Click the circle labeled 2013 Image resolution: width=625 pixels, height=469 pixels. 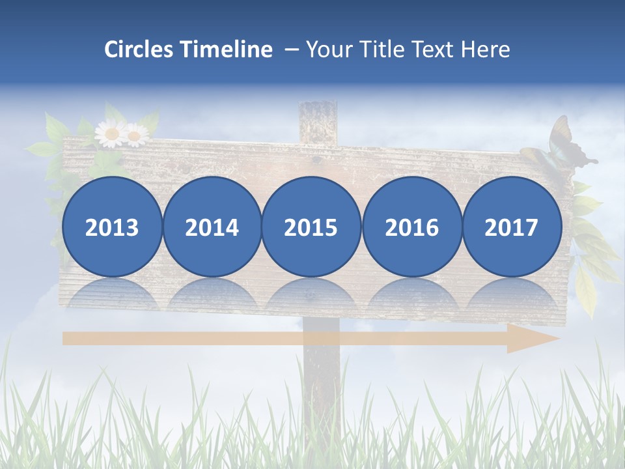coord(112,227)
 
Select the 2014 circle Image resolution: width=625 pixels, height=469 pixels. coord(212,227)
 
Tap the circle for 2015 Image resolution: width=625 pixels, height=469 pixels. coord(311,227)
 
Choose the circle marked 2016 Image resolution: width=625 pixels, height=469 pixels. coord(412,227)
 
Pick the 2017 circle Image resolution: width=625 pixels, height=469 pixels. coord(512,227)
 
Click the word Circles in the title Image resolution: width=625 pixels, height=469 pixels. coord(140,50)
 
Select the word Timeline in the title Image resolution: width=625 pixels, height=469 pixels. coord(227,50)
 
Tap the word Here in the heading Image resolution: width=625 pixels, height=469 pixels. coord(486,50)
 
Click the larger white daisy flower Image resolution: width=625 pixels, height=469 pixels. coord(111,134)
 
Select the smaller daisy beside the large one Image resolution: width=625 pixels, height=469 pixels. coord(135,135)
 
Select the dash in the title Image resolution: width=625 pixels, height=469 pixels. coord(291,50)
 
